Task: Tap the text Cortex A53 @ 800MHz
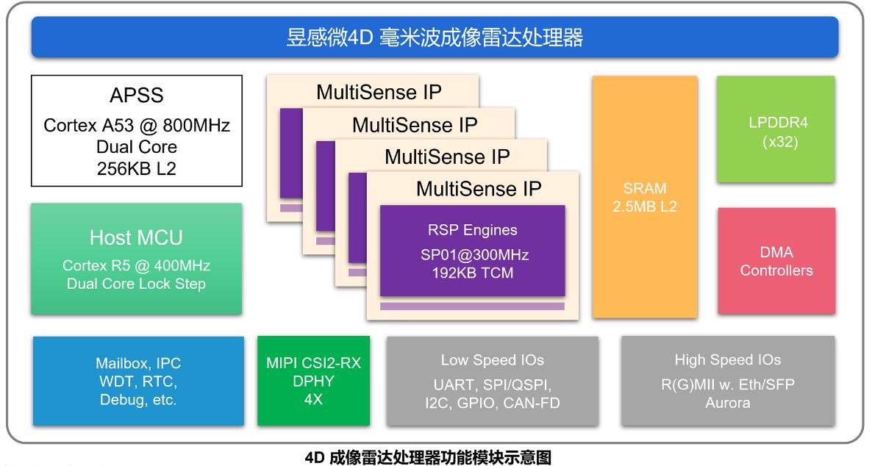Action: point(137,126)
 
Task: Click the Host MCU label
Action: point(136,237)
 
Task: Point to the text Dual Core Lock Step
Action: point(136,284)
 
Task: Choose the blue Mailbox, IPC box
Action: point(138,381)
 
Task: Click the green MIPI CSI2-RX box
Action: point(314,381)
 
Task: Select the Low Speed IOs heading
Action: point(492,360)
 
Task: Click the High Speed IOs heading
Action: point(727,360)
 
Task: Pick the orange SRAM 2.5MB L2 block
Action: point(644,197)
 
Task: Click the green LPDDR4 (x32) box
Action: point(776,129)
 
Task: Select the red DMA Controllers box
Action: point(776,261)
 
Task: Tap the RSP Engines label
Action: point(472,230)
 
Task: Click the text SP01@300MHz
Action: point(472,254)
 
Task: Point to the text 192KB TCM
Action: point(472,273)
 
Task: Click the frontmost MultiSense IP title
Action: point(479,189)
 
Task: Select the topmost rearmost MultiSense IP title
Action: point(379,93)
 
